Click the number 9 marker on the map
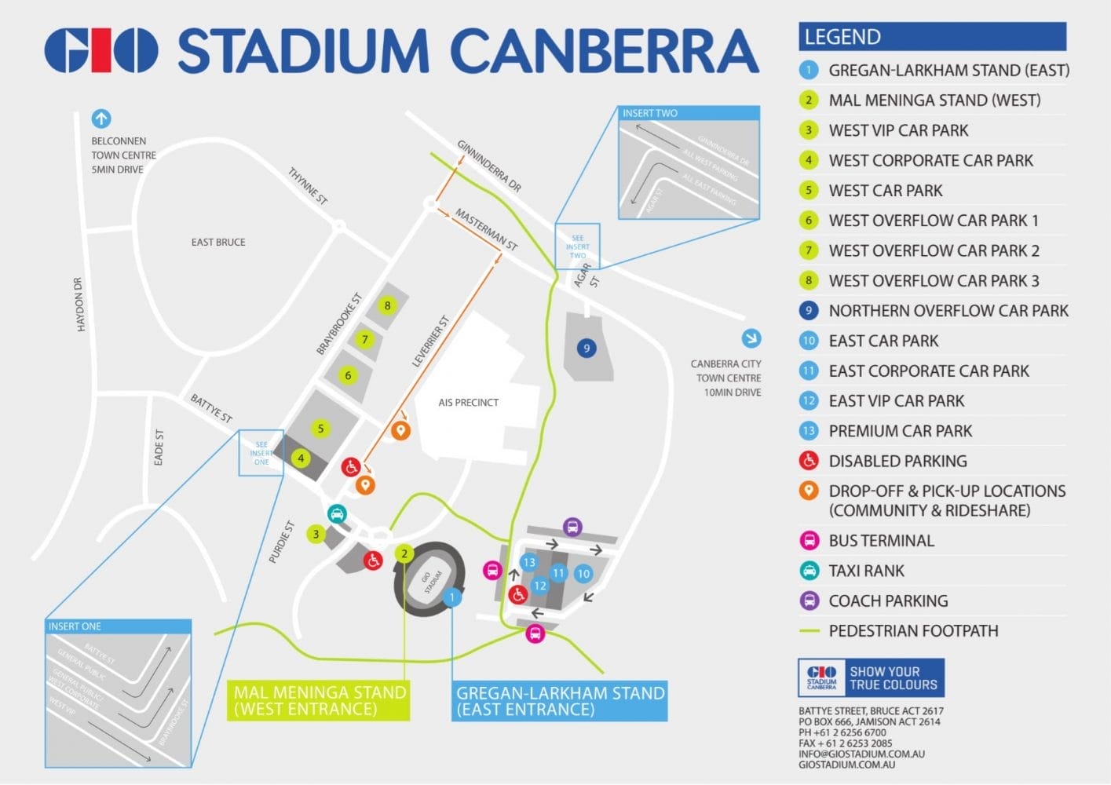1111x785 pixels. [x=586, y=348]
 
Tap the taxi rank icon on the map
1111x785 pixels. [x=337, y=514]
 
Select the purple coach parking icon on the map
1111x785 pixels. [x=572, y=527]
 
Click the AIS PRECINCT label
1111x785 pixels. [x=468, y=403]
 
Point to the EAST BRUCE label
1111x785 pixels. [x=218, y=242]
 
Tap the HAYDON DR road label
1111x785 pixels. [x=79, y=305]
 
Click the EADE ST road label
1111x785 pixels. [x=159, y=447]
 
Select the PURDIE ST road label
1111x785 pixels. [x=281, y=542]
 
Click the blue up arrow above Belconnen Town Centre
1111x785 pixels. [x=101, y=119]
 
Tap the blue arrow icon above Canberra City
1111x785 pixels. [x=751, y=338]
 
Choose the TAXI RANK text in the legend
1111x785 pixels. [x=866, y=571]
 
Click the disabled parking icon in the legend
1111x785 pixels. [x=809, y=461]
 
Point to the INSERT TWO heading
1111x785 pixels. [x=649, y=113]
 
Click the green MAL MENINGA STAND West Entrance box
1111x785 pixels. [x=320, y=701]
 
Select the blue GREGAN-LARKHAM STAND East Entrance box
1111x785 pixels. [x=560, y=701]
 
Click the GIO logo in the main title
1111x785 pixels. [x=101, y=51]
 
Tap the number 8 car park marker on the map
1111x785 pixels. [x=387, y=305]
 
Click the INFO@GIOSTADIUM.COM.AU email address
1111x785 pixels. [x=861, y=754]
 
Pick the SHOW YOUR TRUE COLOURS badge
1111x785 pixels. [x=871, y=678]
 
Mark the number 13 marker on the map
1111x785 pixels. [x=529, y=562]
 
